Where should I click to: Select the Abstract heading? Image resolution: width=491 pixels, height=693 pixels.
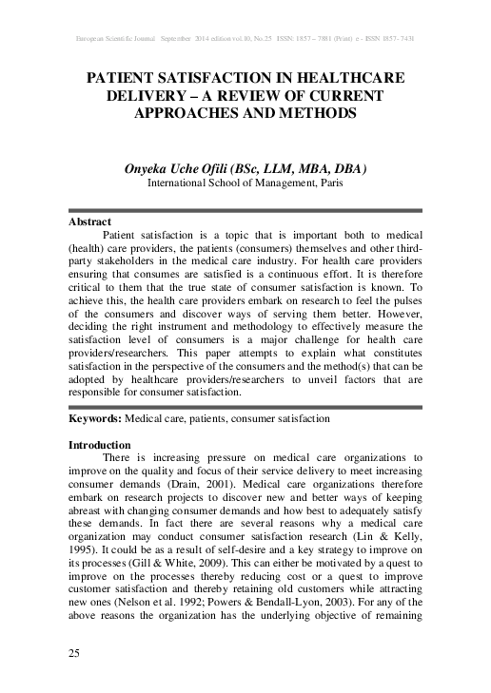point(91,221)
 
